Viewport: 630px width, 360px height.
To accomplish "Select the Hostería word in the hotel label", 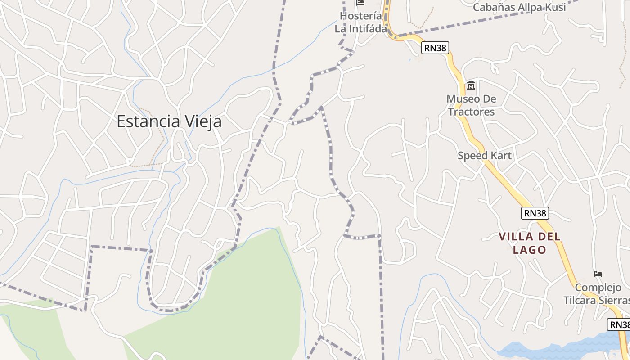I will (x=361, y=16).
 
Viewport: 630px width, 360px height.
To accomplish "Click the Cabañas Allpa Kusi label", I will (x=520, y=7).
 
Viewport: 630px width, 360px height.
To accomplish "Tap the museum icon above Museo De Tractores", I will (x=471, y=85).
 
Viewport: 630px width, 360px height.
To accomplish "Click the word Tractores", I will (x=471, y=112).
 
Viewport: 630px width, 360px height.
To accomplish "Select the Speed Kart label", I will (x=484, y=156).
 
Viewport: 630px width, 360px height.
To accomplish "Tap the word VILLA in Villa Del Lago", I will (x=516, y=237).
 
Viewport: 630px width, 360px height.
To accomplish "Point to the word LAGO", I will (x=530, y=250).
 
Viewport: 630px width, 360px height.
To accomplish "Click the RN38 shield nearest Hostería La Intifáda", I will (x=436, y=48).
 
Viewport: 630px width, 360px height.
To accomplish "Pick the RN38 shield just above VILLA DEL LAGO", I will (x=535, y=213).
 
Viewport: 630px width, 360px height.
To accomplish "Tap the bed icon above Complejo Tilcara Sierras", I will (x=598, y=274).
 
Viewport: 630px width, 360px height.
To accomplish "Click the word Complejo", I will (x=598, y=288).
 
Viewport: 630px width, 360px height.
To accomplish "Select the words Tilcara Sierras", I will (x=596, y=300).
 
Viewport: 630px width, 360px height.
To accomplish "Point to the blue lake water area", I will (x=562, y=349).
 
